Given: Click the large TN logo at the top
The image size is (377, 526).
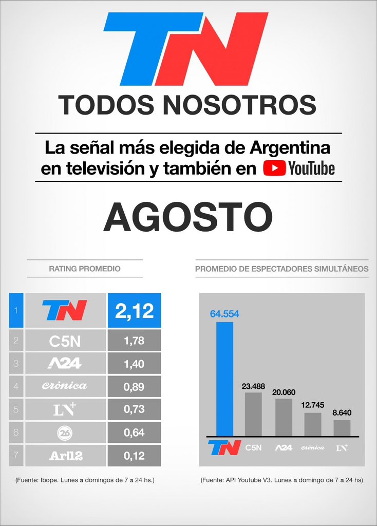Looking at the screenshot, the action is [185, 49].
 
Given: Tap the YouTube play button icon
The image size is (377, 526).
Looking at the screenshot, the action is [274, 168].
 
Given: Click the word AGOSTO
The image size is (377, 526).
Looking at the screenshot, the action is [188, 217].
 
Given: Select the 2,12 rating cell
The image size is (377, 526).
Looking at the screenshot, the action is [134, 310].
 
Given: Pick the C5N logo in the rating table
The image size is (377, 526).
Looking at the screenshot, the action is [65, 342].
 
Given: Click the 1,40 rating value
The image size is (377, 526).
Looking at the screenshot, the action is [134, 364].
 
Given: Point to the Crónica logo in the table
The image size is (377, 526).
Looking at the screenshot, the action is [64, 386].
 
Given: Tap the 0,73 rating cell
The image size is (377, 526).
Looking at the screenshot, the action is [134, 409].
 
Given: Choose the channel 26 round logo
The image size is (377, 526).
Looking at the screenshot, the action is [65, 433].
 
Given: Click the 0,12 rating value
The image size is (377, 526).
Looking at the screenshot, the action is [134, 456].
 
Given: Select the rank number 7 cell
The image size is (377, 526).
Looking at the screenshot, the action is [16, 455].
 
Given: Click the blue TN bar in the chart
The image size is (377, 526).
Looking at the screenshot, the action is [225, 379].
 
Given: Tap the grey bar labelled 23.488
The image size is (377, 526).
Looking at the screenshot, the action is [253, 415].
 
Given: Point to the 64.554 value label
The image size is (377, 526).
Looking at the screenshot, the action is [224, 314].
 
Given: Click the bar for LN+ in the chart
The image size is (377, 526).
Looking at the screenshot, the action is [342, 428].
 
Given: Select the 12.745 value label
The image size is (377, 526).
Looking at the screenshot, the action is [313, 405].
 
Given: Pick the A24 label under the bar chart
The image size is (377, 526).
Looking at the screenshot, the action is [284, 447].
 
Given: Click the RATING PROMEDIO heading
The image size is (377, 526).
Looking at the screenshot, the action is [85, 269].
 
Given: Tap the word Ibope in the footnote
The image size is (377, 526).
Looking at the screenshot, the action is [49, 480].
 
